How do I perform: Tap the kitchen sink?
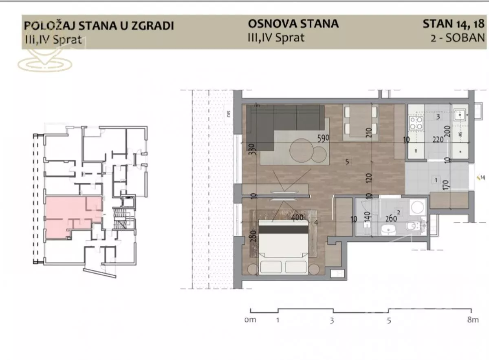coord(461,115)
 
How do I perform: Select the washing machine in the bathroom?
coord(417,207)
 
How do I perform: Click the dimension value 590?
coord(323,138)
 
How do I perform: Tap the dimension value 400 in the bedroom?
coord(297,218)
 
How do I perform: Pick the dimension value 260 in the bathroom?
coord(391,218)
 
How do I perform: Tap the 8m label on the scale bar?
coord(473,320)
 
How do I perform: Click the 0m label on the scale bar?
coord(250,320)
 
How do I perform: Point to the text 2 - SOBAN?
coord(457,38)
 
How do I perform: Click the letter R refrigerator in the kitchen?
coord(415,150)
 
